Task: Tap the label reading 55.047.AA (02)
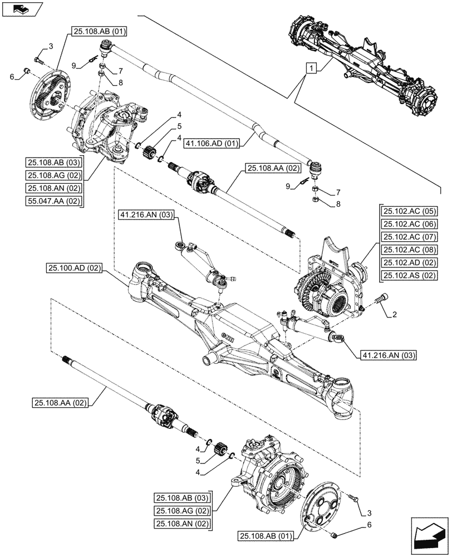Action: (54, 201)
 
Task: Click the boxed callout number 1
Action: (312, 69)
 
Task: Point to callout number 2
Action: (394, 315)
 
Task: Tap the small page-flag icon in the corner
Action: (21, 8)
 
